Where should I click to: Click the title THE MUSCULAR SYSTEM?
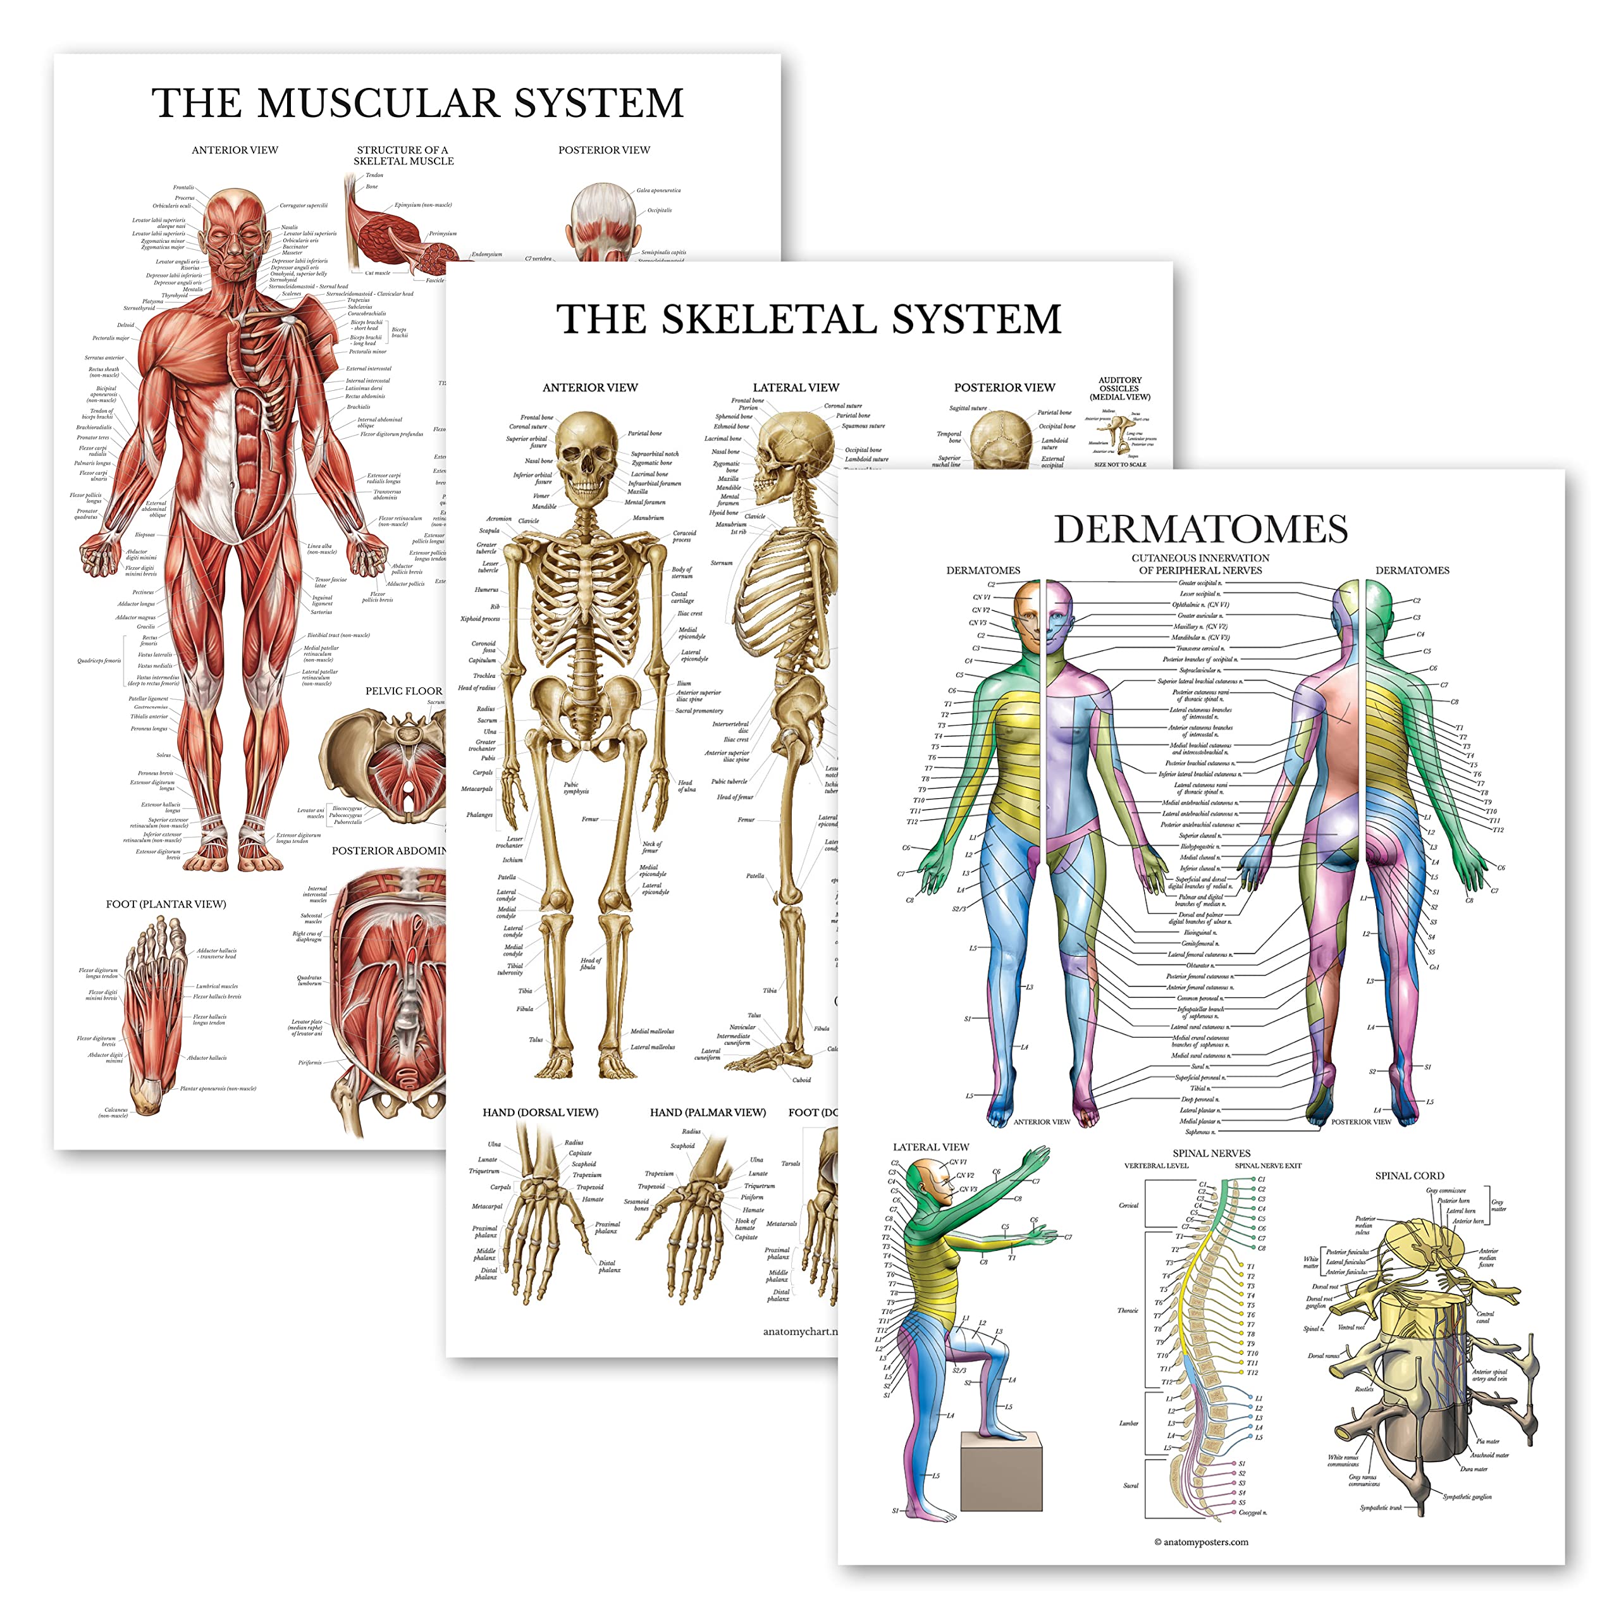pyautogui.click(x=417, y=104)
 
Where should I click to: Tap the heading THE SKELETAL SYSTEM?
pyautogui.click(x=809, y=320)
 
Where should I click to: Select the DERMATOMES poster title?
pyautogui.click(x=1200, y=529)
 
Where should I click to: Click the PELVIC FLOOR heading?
pyautogui.click(x=403, y=691)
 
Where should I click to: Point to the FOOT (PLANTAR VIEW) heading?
pyautogui.click(x=166, y=904)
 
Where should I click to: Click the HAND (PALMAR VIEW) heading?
pyautogui.click(x=707, y=1113)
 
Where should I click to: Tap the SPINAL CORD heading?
pyautogui.click(x=1410, y=1176)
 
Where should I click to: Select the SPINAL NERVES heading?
pyautogui.click(x=1211, y=1153)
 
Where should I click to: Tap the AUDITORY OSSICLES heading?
pyautogui.click(x=1119, y=388)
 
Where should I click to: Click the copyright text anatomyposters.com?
pyautogui.click(x=1201, y=1542)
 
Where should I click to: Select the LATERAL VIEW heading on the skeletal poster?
pyautogui.click(x=795, y=388)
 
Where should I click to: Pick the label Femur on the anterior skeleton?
pyautogui.click(x=590, y=819)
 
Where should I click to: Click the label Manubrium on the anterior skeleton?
pyautogui.click(x=648, y=518)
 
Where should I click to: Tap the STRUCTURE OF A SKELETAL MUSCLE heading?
pyautogui.click(x=403, y=155)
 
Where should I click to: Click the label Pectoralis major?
pyautogui.click(x=111, y=338)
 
